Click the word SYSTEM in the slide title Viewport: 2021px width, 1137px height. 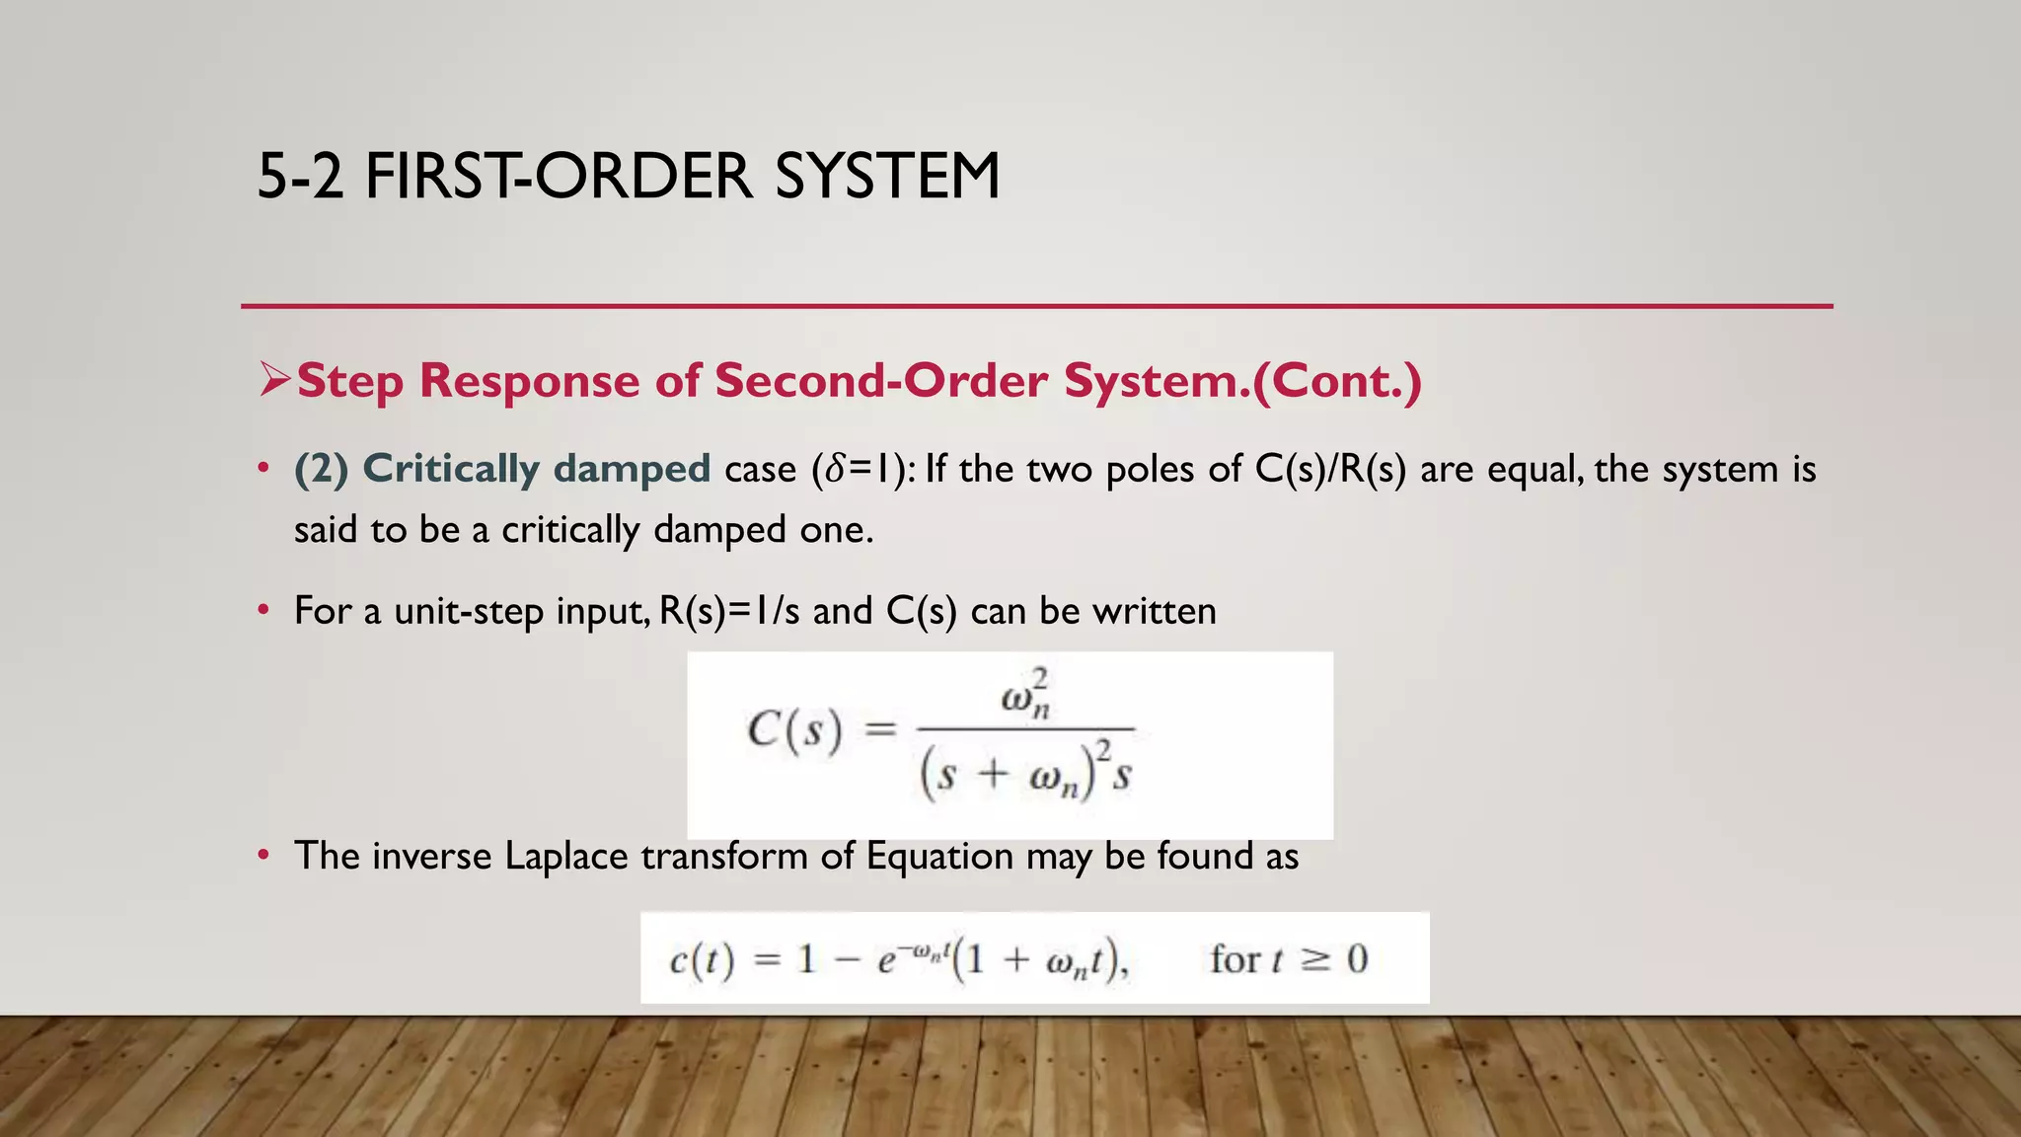(887, 177)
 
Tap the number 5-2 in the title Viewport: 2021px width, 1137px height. (300, 177)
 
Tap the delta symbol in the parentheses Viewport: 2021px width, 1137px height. (835, 469)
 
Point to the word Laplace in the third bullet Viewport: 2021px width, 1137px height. (566, 857)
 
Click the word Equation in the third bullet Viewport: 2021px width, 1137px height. (939, 857)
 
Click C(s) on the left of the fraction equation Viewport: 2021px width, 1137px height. (794, 731)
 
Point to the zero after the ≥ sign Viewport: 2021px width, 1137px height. (1358, 959)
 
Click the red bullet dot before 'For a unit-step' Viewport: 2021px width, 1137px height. (262, 612)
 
